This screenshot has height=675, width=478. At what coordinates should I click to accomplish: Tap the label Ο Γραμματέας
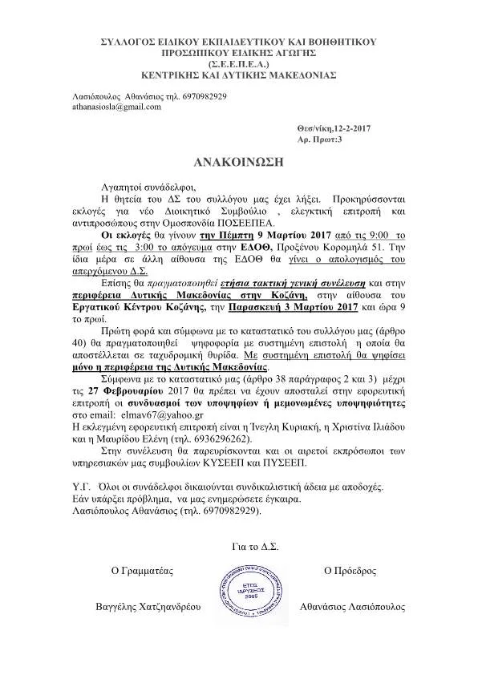(141, 571)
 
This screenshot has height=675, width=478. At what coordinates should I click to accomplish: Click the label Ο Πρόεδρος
(350, 571)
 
